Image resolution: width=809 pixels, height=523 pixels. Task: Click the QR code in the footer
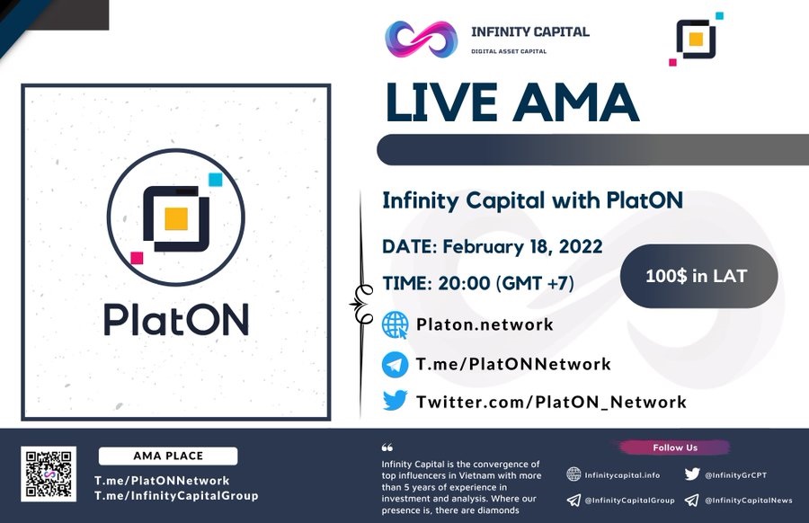coord(49,474)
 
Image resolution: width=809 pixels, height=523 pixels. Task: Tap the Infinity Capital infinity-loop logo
coord(421,39)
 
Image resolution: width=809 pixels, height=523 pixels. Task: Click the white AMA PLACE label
coord(168,456)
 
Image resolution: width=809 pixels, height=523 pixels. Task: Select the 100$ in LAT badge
coord(698,276)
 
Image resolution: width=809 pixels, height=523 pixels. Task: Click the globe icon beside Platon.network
coord(395,325)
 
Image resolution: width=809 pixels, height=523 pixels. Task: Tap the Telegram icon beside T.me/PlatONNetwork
coord(395,364)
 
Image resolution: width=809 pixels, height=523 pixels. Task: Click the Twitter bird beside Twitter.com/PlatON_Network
coord(395,400)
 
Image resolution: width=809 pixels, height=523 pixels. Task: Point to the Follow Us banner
coord(675,448)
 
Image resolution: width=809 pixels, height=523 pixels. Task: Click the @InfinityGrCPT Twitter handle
coord(735,475)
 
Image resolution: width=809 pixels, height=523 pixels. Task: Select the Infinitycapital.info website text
coord(622,475)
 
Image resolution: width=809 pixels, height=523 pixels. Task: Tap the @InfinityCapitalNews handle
coord(748,500)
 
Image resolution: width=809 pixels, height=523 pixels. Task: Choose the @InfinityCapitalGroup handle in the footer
coord(629,500)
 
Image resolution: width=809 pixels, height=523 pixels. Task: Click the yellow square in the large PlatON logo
coord(176,218)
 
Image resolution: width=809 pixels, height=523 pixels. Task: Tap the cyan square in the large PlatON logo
coord(215,180)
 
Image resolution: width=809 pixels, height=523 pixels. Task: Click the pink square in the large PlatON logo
coord(137,258)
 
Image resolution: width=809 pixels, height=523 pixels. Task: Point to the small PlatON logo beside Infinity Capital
coord(696,39)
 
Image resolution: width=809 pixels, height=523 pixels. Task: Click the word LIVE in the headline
coord(440,102)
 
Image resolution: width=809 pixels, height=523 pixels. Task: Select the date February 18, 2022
coord(522,246)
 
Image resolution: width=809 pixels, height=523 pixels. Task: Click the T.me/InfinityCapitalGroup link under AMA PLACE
coord(176,496)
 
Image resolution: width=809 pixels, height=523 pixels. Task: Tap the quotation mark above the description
coord(387,448)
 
